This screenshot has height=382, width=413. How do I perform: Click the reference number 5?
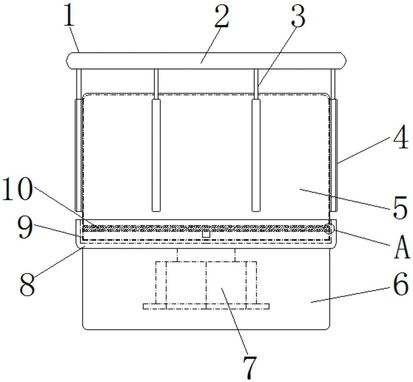coord(399,208)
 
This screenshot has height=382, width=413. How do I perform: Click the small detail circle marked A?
coord(329,228)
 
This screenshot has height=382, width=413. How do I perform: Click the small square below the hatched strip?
coord(206,234)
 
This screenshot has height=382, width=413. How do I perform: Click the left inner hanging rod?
coord(156,155)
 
